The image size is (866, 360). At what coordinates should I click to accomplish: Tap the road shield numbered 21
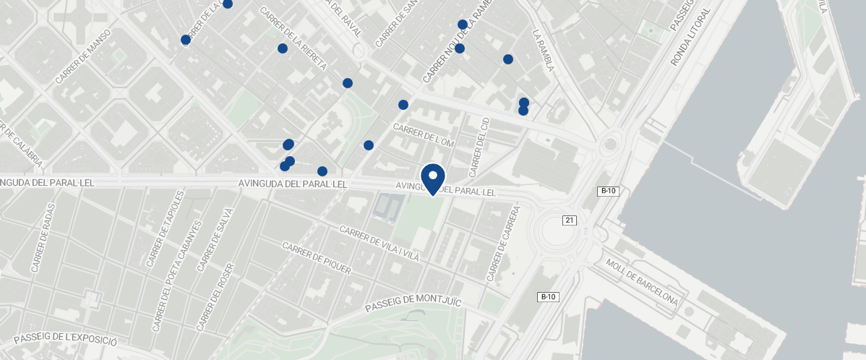(570, 220)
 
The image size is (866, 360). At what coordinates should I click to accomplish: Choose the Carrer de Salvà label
(215, 239)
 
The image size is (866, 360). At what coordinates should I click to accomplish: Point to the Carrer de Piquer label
(317, 260)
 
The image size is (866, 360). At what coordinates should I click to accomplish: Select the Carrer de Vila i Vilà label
(379, 244)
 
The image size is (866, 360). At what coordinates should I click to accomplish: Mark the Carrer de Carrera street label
(503, 244)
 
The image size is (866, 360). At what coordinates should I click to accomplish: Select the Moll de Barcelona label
(642, 282)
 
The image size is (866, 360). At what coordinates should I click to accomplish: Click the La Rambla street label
(542, 51)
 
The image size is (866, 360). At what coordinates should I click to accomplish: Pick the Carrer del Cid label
(479, 147)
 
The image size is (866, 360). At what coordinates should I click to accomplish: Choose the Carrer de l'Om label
(423, 135)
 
